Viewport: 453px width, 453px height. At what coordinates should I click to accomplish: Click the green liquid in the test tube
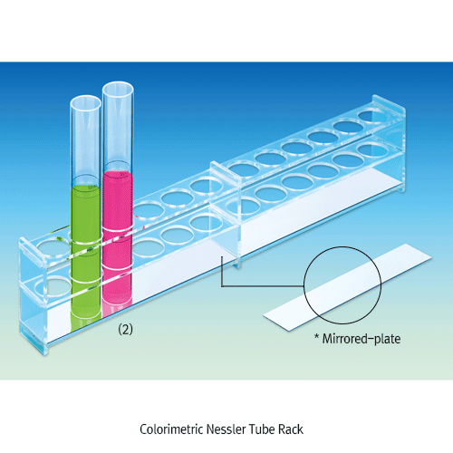pyautogui.click(x=83, y=254)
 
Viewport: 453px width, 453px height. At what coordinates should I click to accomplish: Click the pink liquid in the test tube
pyautogui.click(x=119, y=236)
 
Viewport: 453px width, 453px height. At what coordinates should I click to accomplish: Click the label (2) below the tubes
pyautogui.click(x=126, y=330)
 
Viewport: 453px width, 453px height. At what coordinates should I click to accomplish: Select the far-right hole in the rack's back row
pyautogui.click(x=371, y=116)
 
